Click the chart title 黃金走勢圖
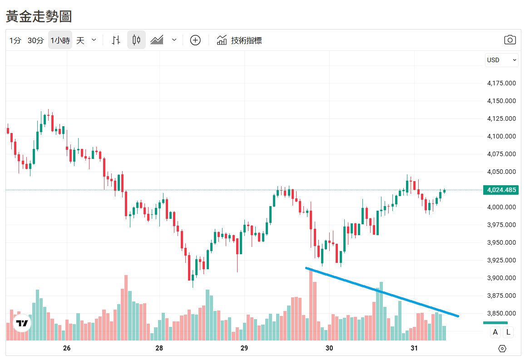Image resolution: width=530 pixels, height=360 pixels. (x=39, y=16)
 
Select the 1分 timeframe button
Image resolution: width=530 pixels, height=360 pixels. (x=15, y=40)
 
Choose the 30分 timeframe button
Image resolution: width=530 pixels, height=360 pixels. (x=35, y=40)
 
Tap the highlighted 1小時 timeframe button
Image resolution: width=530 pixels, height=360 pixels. (x=60, y=40)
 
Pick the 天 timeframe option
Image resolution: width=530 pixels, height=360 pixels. (x=80, y=40)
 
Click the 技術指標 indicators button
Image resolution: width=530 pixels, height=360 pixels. (x=239, y=40)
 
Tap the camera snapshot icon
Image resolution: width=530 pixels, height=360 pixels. (x=510, y=40)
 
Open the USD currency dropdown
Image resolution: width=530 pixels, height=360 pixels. (x=501, y=60)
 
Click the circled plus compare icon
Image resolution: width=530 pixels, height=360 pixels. (x=195, y=40)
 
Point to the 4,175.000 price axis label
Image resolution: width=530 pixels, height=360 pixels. (x=501, y=83)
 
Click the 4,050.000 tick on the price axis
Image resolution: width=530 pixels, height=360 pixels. (x=501, y=172)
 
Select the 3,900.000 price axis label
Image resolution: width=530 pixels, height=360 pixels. (x=501, y=278)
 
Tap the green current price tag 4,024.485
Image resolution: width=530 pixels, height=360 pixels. (x=501, y=190)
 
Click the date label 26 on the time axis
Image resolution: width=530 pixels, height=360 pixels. (x=67, y=348)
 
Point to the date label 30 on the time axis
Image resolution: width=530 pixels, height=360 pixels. (x=329, y=348)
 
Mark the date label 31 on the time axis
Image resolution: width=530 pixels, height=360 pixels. (x=414, y=348)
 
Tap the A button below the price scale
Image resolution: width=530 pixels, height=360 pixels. (x=495, y=332)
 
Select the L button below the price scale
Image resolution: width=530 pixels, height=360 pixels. (x=508, y=332)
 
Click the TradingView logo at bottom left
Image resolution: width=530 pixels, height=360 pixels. (x=22, y=324)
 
